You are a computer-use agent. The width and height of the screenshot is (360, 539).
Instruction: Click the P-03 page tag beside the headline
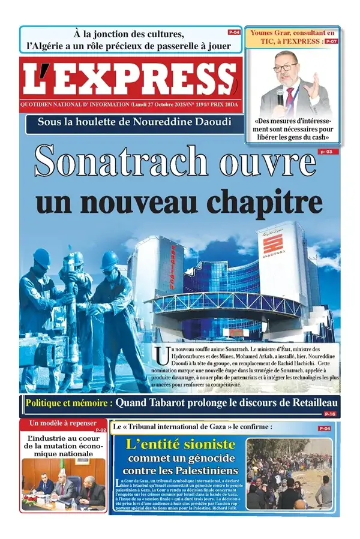(325, 152)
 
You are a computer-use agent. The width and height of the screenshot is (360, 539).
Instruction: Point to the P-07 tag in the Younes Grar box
(331, 41)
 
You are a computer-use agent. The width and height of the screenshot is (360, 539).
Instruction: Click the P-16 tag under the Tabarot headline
(329, 414)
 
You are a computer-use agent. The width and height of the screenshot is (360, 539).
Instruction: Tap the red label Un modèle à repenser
(58, 423)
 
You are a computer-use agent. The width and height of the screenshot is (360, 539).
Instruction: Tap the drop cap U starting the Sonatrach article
(161, 356)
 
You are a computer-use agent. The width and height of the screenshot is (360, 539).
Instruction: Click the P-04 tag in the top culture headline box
(234, 31)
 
